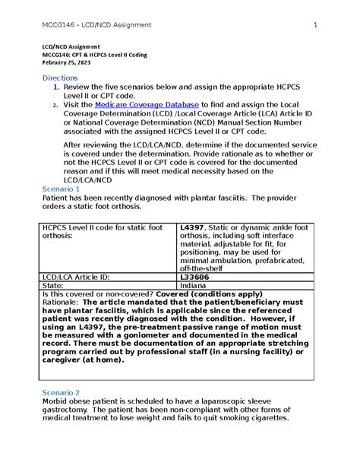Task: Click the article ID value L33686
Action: click(196, 279)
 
